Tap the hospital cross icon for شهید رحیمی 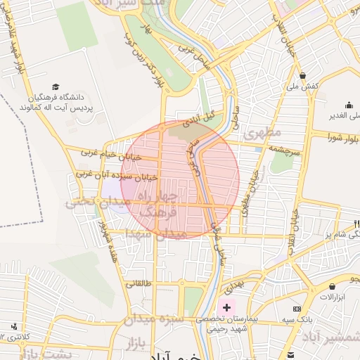226,307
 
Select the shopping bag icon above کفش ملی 302,76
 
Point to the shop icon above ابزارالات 331,286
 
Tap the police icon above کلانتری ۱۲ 14,326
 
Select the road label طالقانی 138,285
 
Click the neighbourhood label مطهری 262,132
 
